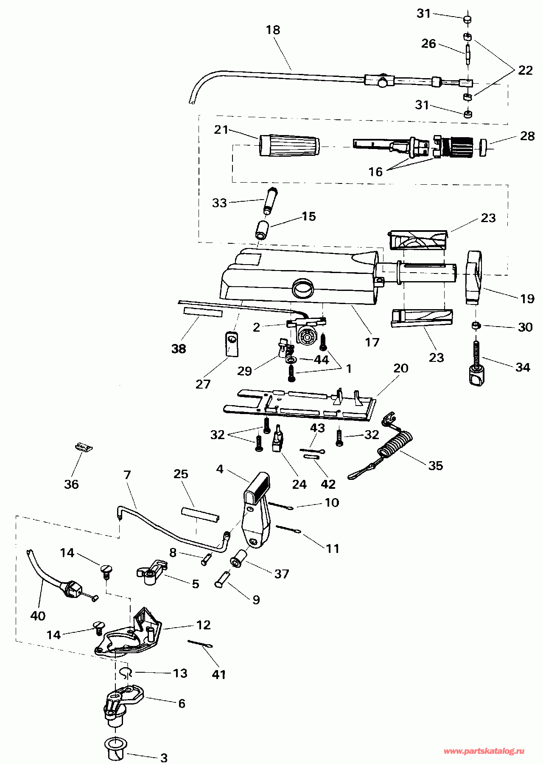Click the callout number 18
273,30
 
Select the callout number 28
527,136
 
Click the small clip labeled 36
84,447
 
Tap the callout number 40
38,616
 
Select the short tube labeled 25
201,515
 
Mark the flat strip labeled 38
203,313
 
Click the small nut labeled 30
476,326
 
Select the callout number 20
401,368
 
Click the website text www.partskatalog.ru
484,751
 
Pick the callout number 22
525,70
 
